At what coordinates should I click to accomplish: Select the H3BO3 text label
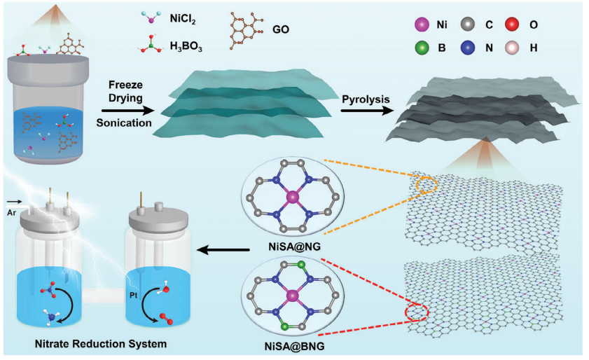point(185,46)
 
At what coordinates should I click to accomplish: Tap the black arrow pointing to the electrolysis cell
point(225,248)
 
